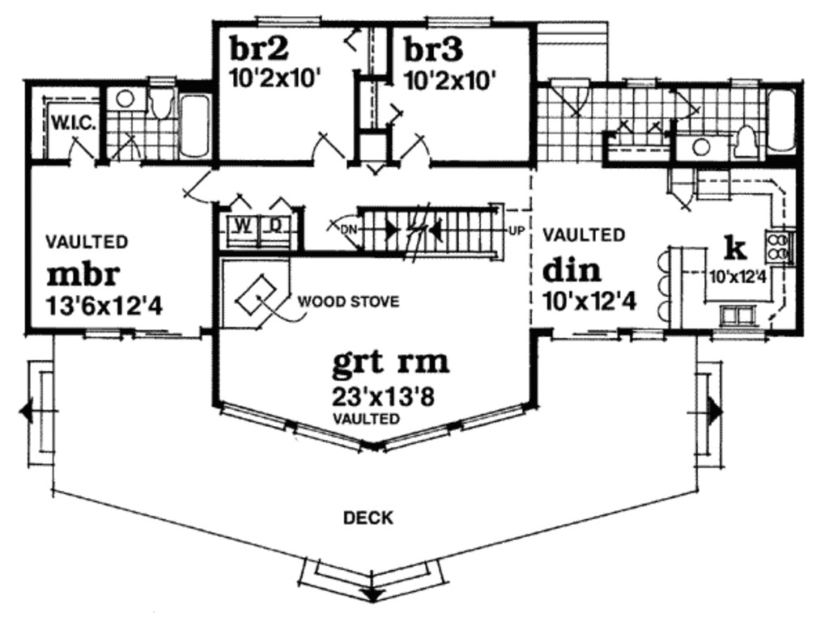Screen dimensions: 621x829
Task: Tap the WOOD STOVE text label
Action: click(x=348, y=302)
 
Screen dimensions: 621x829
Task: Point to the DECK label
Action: click(x=368, y=517)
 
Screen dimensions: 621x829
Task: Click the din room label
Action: click(x=571, y=268)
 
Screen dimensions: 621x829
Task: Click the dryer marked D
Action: click(x=275, y=226)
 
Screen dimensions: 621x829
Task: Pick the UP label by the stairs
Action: click(x=516, y=230)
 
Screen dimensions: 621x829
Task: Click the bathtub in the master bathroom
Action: click(x=194, y=125)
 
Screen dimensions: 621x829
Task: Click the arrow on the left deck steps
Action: click(x=26, y=412)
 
